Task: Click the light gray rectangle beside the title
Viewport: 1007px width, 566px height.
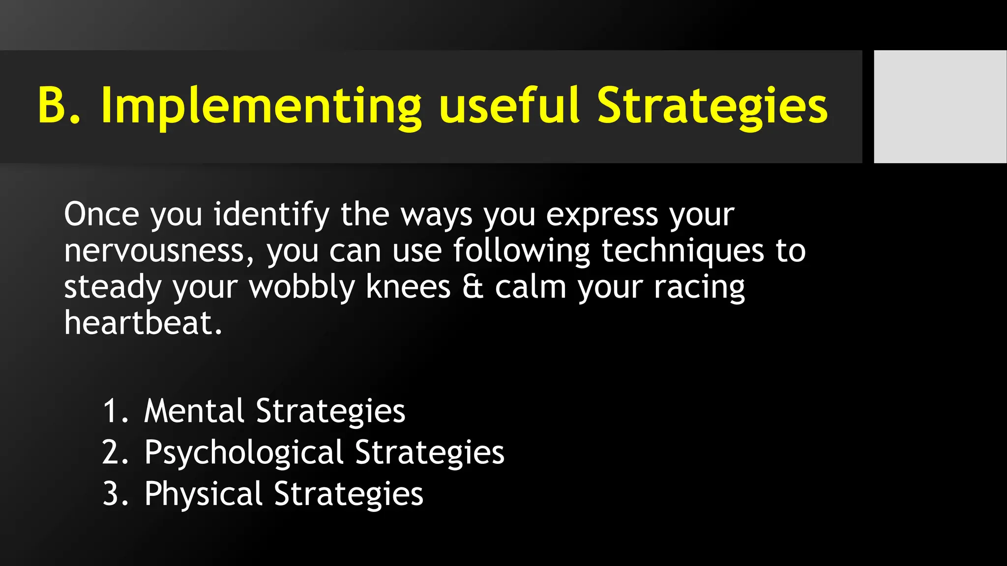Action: tap(940, 107)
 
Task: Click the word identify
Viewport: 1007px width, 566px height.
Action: tap(271, 215)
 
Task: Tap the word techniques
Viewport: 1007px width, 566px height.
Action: tap(682, 251)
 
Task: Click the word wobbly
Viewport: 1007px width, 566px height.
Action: tap(302, 287)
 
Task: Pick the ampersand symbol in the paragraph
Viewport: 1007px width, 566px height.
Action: tap(473, 287)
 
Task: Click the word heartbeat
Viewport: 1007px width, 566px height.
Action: tap(143, 323)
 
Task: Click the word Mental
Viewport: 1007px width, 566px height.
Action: tap(194, 411)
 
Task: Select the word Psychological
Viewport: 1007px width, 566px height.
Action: tap(244, 453)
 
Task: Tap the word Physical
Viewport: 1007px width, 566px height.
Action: tap(204, 494)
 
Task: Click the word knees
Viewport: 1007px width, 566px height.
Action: tap(408, 287)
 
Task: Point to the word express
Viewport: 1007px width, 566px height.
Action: tap(602, 215)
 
